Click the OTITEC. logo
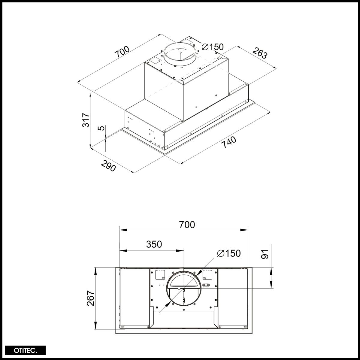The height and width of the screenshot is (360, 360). click(25, 350)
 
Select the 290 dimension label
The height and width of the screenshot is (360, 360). click(108, 166)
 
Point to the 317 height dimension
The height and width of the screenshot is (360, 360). click(86, 120)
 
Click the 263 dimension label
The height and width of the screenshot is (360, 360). click(260, 53)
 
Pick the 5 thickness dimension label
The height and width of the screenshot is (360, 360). click(101, 128)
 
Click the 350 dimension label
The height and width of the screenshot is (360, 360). click(154, 244)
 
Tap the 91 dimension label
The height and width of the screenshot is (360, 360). click(265, 254)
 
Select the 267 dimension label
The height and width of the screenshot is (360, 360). click(91, 298)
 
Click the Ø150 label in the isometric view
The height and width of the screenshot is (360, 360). click(212, 47)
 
